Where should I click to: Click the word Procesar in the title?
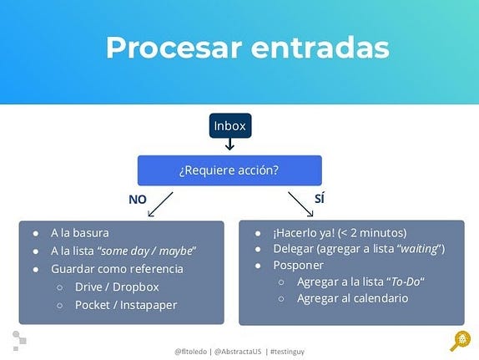174,48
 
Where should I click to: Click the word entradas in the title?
320,48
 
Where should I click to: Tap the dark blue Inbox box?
230,126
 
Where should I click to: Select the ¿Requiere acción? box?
229,170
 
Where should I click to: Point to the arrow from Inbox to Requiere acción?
229,144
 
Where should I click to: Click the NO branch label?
138,200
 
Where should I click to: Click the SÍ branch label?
320,199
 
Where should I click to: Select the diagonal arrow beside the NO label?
160,205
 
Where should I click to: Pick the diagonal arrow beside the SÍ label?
300,205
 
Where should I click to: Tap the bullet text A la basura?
80,233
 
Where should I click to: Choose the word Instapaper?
149,305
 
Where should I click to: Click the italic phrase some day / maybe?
146,251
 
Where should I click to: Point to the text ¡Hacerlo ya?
304,233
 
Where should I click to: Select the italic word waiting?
419,249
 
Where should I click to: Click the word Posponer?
298,265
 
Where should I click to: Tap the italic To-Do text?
406,281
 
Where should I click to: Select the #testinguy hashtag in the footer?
287,352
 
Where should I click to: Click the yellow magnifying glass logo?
461,341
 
